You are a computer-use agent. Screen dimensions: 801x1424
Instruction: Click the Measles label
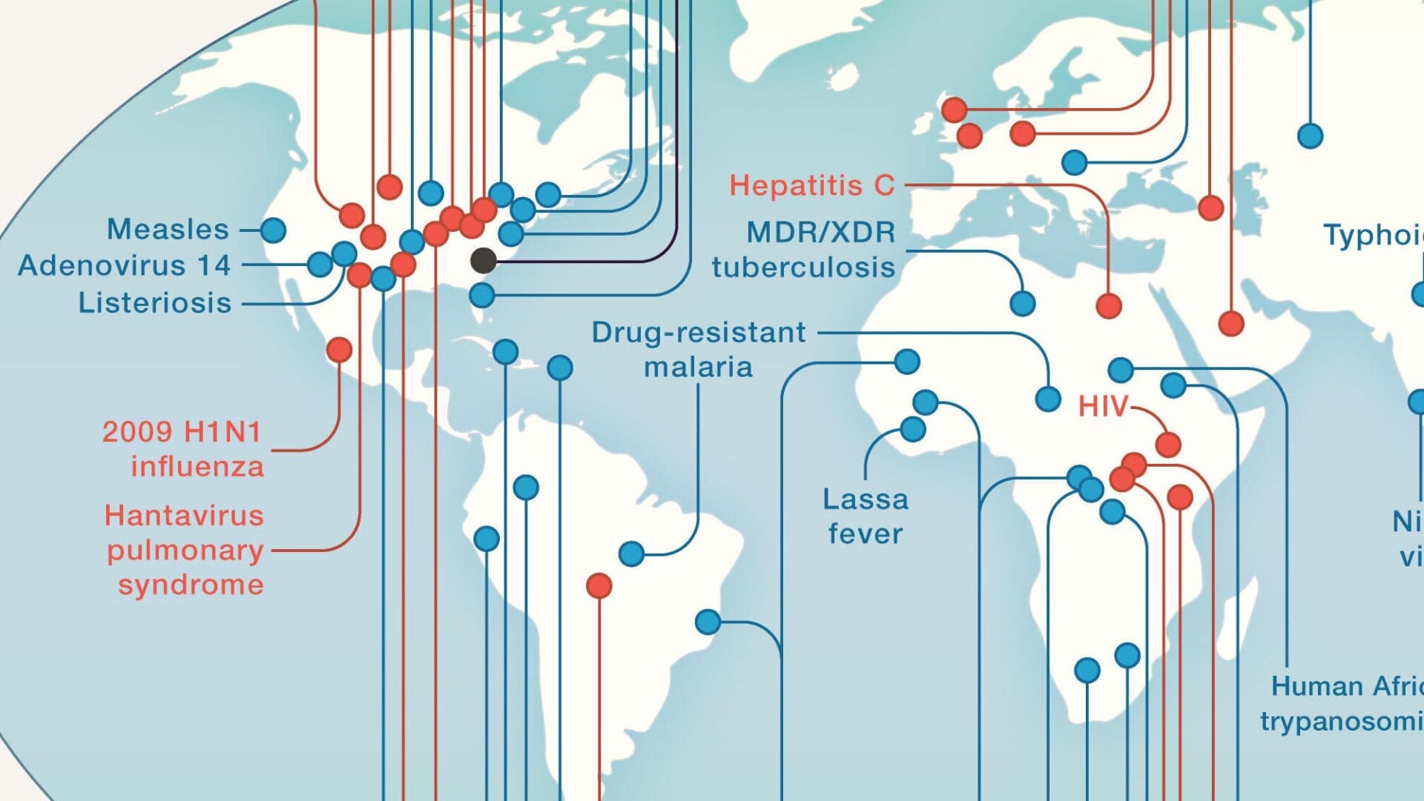tap(168, 230)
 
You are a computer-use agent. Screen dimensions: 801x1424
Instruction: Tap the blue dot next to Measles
tap(273, 230)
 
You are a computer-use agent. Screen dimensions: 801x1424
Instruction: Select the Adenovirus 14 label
tap(124, 265)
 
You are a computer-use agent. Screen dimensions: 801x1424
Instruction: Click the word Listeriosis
tap(155, 303)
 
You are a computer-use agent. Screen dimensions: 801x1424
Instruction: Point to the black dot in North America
tap(484, 260)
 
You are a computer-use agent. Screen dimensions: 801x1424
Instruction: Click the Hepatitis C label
tap(811, 185)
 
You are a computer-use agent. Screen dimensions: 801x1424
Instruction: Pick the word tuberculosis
tap(803, 267)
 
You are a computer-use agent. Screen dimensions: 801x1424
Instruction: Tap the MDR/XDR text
tap(820, 233)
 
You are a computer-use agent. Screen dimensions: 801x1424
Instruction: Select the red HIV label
tap(1102, 406)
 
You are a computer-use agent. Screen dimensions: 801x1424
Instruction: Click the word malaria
tap(698, 368)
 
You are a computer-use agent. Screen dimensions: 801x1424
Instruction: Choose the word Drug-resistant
tap(698, 333)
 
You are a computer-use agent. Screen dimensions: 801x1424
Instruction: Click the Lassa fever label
tap(866, 516)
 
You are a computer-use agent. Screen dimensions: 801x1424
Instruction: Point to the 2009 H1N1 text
tap(182, 432)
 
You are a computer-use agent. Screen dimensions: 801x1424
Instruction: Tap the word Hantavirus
tap(184, 516)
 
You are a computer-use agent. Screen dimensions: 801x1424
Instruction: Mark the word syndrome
tap(191, 585)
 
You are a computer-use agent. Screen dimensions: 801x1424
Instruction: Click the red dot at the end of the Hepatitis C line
tap(1109, 305)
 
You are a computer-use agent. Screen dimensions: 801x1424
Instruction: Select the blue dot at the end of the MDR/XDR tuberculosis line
tap(1023, 303)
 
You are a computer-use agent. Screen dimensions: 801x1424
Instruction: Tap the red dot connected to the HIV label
tap(1168, 445)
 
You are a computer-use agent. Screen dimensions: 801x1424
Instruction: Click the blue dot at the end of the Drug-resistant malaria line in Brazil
tap(631, 554)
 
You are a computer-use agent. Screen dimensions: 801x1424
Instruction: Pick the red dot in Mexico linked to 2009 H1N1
tap(339, 349)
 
